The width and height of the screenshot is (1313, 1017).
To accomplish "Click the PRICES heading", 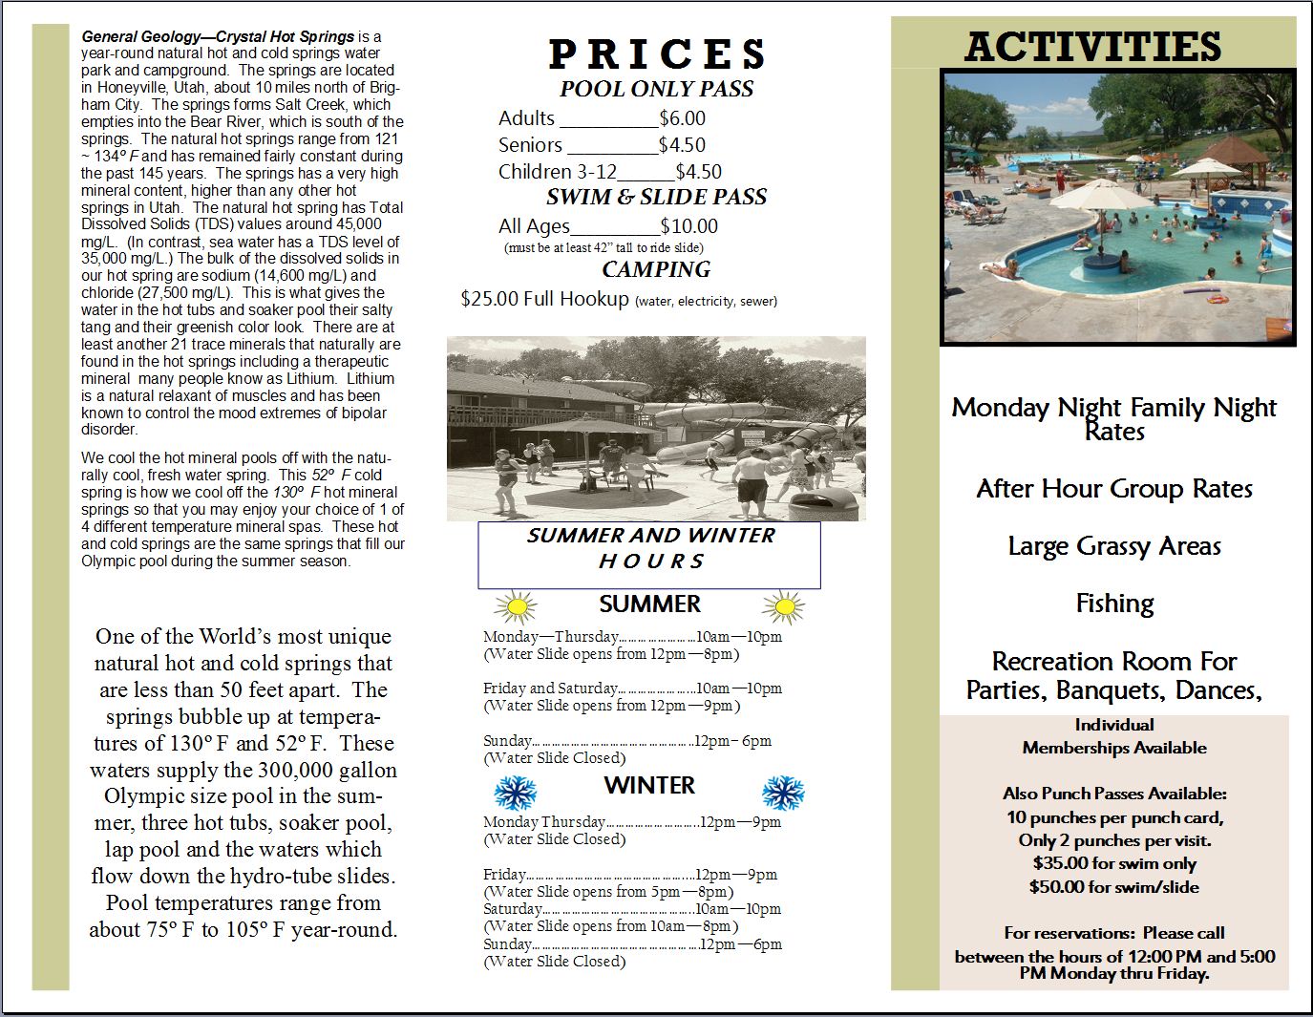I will click(x=657, y=54).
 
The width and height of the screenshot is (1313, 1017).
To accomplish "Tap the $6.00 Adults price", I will click(x=682, y=118).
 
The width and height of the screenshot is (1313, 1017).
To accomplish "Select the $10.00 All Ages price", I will click(x=688, y=226).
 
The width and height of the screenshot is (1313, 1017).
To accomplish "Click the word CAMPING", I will click(x=656, y=269).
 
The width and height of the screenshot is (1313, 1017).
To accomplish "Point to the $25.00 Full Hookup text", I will click(x=544, y=299).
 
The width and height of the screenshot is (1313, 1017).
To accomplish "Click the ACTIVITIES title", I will click(x=1092, y=47).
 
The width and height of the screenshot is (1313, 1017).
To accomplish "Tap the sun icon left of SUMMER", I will click(x=516, y=606).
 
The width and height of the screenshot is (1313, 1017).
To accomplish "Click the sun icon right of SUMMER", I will click(x=784, y=606).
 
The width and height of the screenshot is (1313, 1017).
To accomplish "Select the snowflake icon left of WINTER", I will click(x=516, y=793).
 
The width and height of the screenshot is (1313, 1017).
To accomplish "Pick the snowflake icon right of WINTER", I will click(x=783, y=793).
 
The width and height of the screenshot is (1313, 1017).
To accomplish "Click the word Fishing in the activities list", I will click(x=1114, y=604).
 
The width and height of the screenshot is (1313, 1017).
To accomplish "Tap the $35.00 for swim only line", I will click(x=1114, y=863).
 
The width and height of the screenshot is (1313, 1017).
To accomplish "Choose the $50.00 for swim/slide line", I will click(x=1114, y=887).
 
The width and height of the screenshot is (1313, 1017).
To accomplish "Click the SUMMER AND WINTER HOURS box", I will click(x=649, y=555).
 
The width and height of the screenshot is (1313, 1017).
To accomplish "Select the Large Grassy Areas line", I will click(x=1114, y=546).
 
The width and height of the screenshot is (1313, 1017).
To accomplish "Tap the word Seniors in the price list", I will click(x=530, y=145).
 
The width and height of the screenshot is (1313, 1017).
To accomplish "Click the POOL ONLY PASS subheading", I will click(x=656, y=89).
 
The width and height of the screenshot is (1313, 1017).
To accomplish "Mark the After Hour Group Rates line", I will click(x=1114, y=489).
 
